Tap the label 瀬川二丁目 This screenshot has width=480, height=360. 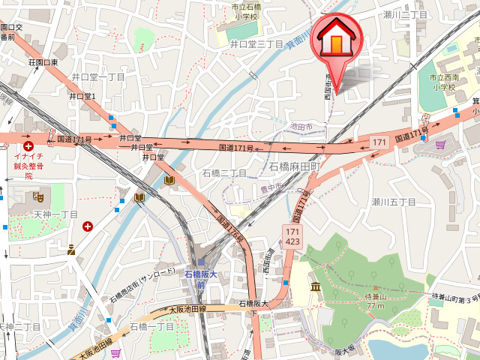click(x=406, y=14)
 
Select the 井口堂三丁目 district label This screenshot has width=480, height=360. click(x=256, y=44)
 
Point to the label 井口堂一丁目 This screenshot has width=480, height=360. click(x=97, y=77)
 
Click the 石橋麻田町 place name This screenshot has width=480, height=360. click(x=295, y=166)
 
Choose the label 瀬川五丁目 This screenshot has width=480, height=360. click(x=394, y=202)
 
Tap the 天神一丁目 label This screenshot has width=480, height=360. click(x=56, y=214)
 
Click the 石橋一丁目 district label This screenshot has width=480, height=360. click(x=152, y=327)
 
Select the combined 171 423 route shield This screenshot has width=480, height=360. click(x=292, y=236)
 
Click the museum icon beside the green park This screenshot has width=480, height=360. click(x=316, y=286)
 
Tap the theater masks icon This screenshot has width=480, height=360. click(x=38, y=196)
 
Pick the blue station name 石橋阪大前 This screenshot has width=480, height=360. click(x=200, y=279)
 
